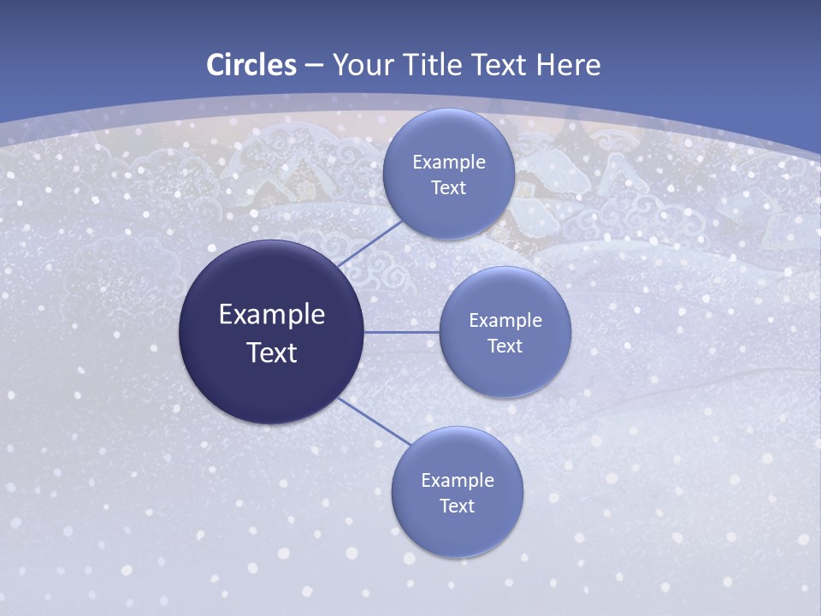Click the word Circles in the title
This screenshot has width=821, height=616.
(x=251, y=65)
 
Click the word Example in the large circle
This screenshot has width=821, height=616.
(x=271, y=315)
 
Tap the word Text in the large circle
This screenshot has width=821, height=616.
(x=271, y=352)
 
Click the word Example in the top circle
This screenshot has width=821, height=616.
(x=448, y=163)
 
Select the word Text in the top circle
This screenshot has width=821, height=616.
(x=448, y=188)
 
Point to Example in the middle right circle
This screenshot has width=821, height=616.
(x=505, y=321)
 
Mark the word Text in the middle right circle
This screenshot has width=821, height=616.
(x=505, y=346)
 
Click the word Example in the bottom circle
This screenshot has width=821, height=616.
(x=457, y=481)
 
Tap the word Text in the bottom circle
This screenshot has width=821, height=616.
(x=457, y=506)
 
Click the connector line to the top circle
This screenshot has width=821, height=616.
(x=369, y=244)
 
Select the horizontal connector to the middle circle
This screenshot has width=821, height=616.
(x=401, y=332)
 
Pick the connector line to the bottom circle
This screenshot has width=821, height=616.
(x=375, y=421)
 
